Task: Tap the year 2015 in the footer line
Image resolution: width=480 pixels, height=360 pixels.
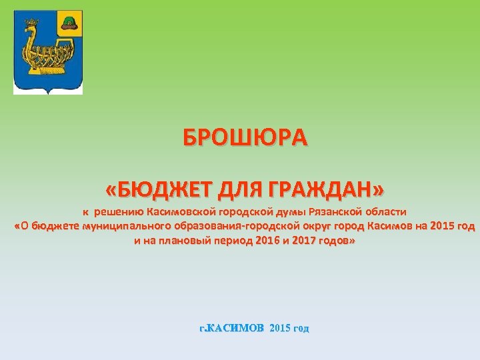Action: click(x=281, y=329)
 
